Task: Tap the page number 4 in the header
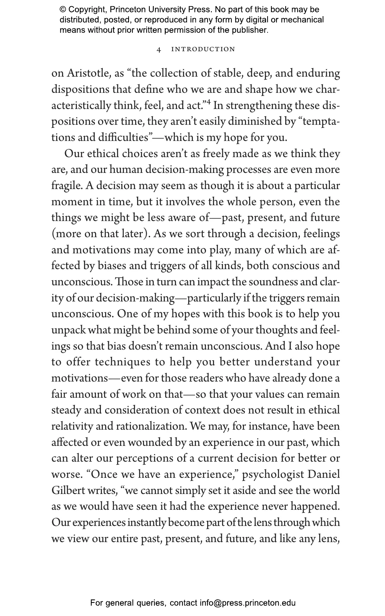(x=159, y=50)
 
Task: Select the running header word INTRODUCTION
(x=203, y=49)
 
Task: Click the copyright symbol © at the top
(x=62, y=10)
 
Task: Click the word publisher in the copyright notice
(x=250, y=30)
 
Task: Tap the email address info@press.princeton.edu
(x=248, y=603)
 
